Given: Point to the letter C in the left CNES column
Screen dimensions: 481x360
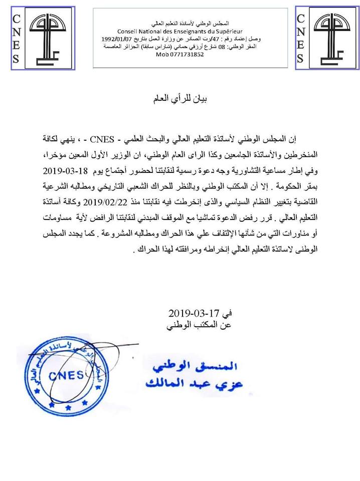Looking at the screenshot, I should pyautogui.click(x=16, y=20).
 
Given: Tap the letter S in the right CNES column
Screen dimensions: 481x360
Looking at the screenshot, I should pyautogui.click(x=301, y=58).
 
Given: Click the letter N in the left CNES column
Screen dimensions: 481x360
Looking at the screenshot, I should pyautogui.click(x=16, y=33).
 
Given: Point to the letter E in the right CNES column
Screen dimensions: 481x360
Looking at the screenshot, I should pyautogui.click(x=301, y=45).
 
